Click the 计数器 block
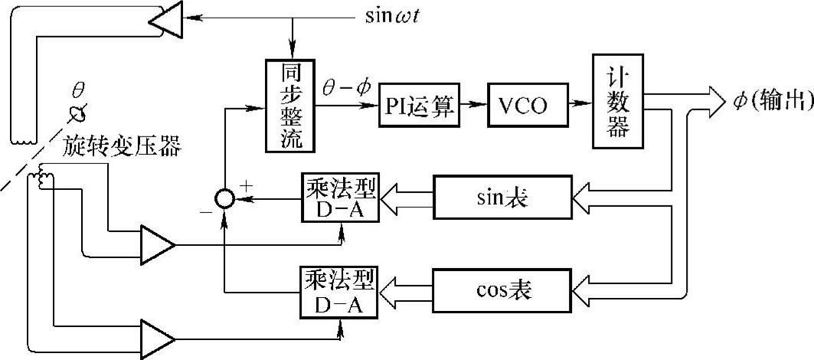pos(618,102)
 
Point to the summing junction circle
pos(224,199)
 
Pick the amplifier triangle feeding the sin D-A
pos(157,245)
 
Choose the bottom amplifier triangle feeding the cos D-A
pos(157,337)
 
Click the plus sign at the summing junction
pos(246,185)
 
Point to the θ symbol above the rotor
pos(77,90)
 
